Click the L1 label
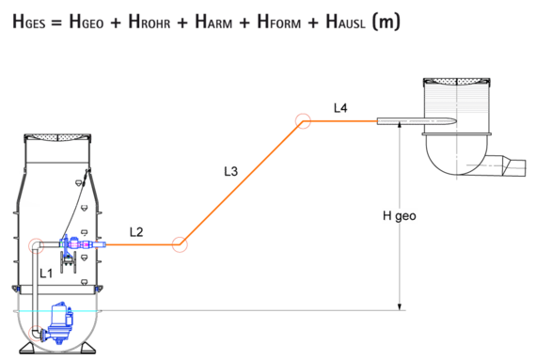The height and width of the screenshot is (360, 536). point(47,274)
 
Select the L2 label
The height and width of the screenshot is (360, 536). point(137,232)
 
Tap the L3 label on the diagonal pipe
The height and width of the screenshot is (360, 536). point(231,171)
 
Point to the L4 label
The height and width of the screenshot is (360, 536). point(340,108)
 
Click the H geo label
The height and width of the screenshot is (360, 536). point(399,215)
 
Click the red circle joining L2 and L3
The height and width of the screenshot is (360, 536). point(180,244)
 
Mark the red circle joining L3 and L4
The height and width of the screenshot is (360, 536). point(303,120)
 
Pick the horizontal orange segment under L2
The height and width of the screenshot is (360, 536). point(141,244)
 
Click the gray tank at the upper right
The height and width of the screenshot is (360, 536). point(457,99)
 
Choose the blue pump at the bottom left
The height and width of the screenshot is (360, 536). point(59,321)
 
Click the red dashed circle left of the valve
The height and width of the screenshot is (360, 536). point(36,246)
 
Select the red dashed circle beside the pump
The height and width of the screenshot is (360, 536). point(36,333)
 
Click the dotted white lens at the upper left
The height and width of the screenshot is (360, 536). point(57,138)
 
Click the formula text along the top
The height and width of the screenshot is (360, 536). point(207,21)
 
